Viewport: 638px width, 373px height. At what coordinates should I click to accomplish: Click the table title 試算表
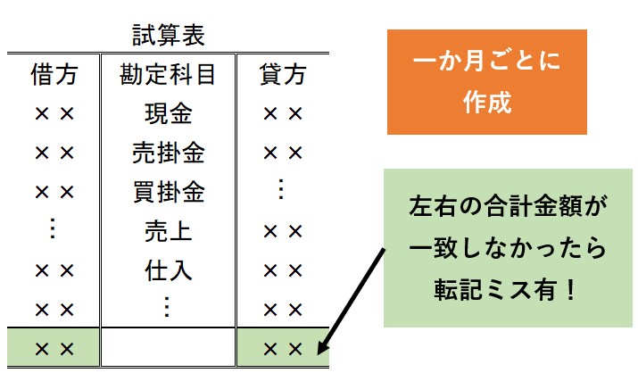tap(169, 35)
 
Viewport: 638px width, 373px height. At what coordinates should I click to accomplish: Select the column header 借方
tap(54, 74)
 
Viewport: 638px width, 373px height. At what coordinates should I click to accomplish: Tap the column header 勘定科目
tap(168, 74)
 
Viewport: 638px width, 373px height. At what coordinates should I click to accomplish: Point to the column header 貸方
tap(282, 74)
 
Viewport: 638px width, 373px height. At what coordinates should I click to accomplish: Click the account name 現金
tap(169, 113)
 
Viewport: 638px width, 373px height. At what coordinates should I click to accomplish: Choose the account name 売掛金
tap(169, 153)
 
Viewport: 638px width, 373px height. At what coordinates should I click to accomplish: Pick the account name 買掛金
tap(169, 192)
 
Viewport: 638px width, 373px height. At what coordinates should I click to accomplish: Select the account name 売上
tap(169, 231)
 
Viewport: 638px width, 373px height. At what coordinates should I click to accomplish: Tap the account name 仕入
tap(169, 270)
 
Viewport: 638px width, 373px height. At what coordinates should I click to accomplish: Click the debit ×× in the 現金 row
tap(54, 114)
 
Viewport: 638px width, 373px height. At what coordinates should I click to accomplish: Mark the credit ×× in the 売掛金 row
tap(283, 153)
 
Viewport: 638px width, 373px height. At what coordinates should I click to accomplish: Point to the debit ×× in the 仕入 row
tap(54, 270)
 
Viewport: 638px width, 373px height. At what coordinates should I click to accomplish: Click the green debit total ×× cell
tap(54, 347)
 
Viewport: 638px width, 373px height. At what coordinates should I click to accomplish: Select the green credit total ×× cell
tap(283, 347)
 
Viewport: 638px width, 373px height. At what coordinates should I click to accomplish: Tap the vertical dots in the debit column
tap(52, 228)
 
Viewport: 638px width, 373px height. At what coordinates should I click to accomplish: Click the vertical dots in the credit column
tap(280, 189)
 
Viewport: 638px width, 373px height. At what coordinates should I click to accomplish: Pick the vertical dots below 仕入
tap(167, 307)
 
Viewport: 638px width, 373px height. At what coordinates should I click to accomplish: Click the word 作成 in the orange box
tap(487, 102)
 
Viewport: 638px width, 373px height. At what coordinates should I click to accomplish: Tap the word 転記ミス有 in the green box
tap(493, 290)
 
